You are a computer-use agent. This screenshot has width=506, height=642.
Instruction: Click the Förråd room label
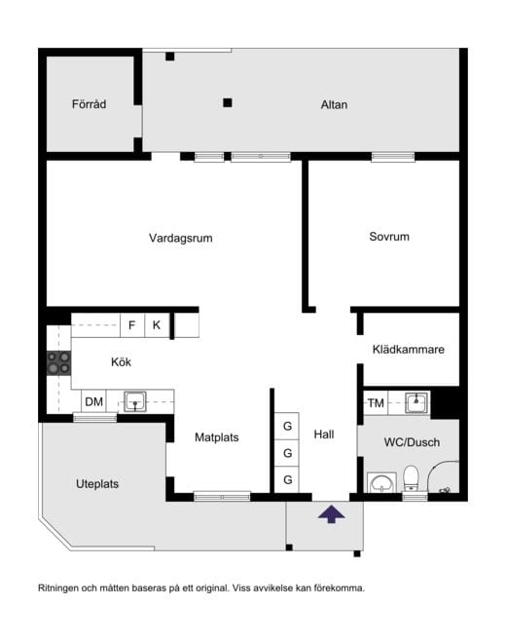(88, 104)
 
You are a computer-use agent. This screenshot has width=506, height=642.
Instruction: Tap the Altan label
(334, 104)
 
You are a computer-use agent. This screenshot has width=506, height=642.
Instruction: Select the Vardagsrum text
(180, 238)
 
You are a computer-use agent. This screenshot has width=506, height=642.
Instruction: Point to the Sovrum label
(388, 237)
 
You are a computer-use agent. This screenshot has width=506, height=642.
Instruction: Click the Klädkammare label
(409, 350)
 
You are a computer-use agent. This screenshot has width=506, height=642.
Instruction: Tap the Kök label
(121, 362)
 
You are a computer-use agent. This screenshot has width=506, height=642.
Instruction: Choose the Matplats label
(216, 437)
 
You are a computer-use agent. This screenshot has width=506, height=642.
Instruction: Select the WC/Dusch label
(412, 442)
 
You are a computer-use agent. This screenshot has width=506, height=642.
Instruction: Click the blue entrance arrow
(331, 515)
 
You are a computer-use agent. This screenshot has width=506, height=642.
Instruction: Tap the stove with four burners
(59, 362)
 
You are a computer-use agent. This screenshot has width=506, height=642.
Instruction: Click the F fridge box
(131, 324)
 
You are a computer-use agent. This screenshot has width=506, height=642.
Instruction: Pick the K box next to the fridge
(157, 324)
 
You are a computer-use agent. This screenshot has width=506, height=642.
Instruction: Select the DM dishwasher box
(93, 401)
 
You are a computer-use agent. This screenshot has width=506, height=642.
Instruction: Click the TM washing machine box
(376, 402)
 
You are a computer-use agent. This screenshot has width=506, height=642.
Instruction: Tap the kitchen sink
(134, 400)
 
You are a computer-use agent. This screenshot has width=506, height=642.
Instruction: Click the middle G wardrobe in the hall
(288, 453)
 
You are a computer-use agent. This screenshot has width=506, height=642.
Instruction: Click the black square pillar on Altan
(228, 101)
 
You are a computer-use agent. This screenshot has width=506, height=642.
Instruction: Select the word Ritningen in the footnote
(60, 588)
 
